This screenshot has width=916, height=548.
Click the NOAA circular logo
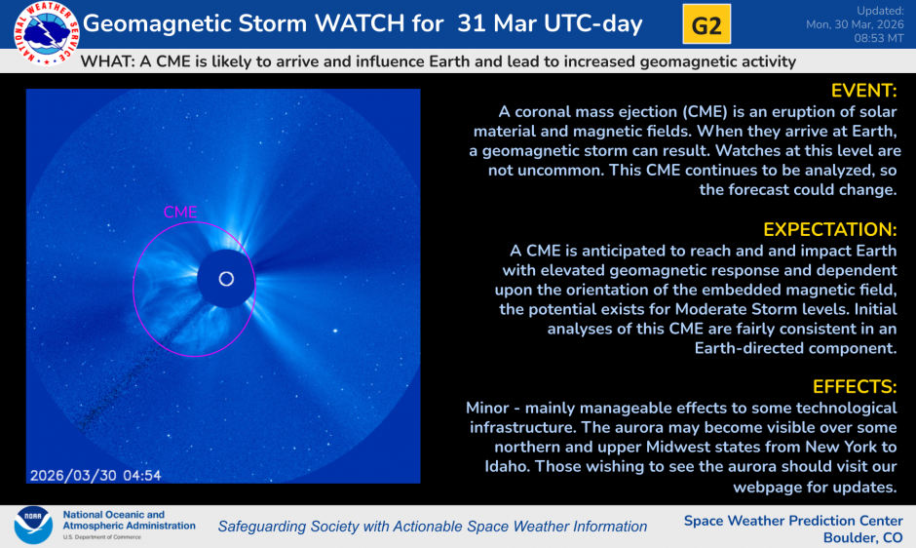33,525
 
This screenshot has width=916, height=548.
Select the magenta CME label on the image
180,212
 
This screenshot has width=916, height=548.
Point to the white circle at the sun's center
226,279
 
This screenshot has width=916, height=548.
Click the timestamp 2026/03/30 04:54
95,475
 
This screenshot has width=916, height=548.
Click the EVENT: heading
862,91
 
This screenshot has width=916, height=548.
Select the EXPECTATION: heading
829,229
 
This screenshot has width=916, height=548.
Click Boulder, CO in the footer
862,537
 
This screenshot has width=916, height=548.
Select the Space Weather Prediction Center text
793,520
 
